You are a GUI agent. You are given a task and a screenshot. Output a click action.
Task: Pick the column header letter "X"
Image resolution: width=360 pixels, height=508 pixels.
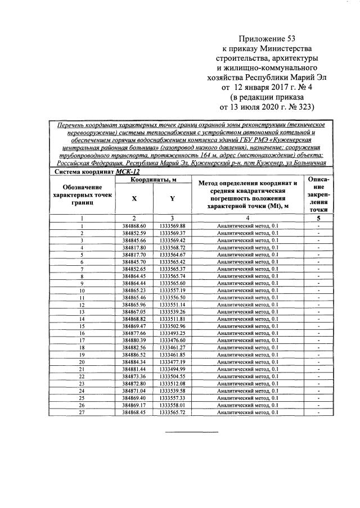[x=134, y=198]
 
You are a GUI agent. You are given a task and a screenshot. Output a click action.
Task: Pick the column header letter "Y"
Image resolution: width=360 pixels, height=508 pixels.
[x=172, y=198]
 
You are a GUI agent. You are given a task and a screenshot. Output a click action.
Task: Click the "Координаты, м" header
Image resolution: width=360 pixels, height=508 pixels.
[x=153, y=180]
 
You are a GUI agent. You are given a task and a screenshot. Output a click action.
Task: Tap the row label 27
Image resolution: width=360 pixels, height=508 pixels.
[x=82, y=412]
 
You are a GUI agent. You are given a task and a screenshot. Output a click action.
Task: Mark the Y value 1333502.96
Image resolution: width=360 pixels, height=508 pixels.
[x=172, y=326]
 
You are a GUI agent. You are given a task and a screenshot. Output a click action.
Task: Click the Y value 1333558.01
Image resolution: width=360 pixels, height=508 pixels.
[x=172, y=405]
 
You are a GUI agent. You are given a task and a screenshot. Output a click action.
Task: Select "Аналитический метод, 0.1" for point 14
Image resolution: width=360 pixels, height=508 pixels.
[x=247, y=319]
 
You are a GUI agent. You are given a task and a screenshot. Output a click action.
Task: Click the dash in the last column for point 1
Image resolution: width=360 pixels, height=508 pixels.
[x=318, y=225]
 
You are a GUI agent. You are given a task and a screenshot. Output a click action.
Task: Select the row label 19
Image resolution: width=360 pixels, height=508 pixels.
[x=82, y=355]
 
